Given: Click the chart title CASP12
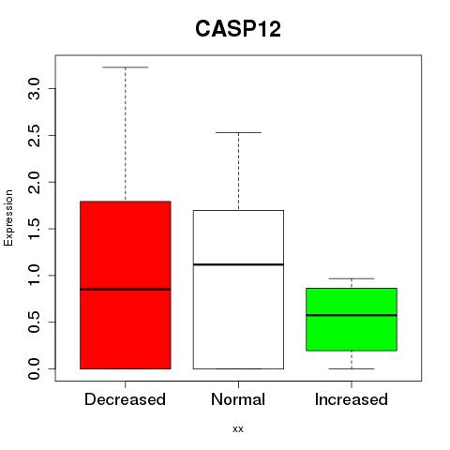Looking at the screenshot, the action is (238, 29).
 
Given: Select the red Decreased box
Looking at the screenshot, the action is (126, 285).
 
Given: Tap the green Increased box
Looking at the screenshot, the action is (352, 320).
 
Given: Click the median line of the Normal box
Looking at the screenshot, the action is (238, 264).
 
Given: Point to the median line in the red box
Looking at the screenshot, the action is (126, 290).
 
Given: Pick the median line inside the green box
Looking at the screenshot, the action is (352, 315).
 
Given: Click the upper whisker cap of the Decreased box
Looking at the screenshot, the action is (126, 67).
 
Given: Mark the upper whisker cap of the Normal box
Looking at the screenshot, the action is (238, 132).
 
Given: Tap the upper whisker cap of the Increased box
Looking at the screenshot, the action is (352, 278).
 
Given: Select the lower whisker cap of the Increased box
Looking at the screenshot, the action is (352, 368).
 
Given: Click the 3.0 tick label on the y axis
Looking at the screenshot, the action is (34, 89).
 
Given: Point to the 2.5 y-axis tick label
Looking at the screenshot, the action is (34, 135).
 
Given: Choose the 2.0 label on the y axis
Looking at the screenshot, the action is (34, 182).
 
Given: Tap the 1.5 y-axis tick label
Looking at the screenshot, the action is (34, 229).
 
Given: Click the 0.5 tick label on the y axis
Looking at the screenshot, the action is (34, 322).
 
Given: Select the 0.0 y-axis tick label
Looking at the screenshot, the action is (34, 368).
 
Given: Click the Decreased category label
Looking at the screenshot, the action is (125, 399).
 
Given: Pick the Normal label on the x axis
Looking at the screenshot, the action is (238, 399).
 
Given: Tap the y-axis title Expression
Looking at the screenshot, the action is (8, 218).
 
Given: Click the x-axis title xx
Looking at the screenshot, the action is (238, 429).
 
